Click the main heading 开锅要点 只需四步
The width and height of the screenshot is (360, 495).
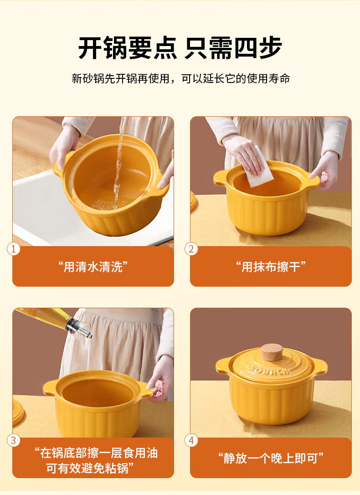(x=180, y=48)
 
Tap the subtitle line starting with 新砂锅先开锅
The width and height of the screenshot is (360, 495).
(x=180, y=78)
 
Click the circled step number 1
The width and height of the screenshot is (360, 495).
(x=13, y=249)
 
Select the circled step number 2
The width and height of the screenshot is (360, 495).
(x=191, y=249)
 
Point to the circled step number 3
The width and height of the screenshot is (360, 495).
(x=13, y=440)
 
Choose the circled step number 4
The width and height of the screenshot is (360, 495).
(x=191, y=440)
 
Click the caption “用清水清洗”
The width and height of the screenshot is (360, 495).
(x=93, y=267)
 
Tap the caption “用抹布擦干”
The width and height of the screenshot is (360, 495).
(x=271, y=267)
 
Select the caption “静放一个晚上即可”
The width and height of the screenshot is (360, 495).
(x=271, y=458)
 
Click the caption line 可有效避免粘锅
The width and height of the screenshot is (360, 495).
(x=90, y=468)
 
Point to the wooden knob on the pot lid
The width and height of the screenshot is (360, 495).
(x=272, y=352)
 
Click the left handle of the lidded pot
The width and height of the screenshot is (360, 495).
(x=224, y=366)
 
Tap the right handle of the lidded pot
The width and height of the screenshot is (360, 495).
(x=319, y=366)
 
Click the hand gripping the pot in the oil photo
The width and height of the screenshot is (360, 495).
(x=160, y=379)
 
